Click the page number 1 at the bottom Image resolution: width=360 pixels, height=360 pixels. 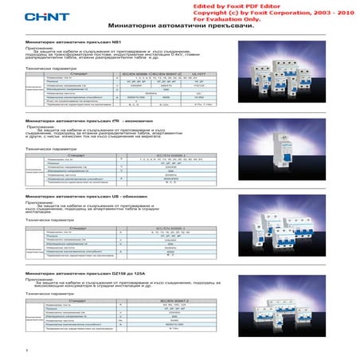28,350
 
